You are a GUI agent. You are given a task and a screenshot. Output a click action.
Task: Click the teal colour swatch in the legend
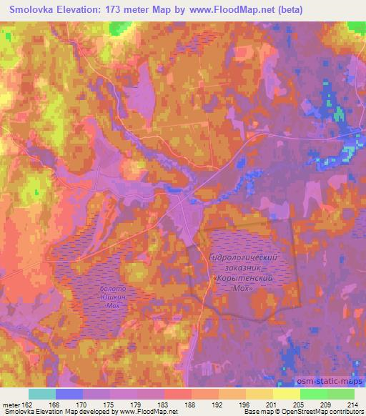pos(43,394)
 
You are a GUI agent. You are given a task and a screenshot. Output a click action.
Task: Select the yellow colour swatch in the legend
pos(286,394)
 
